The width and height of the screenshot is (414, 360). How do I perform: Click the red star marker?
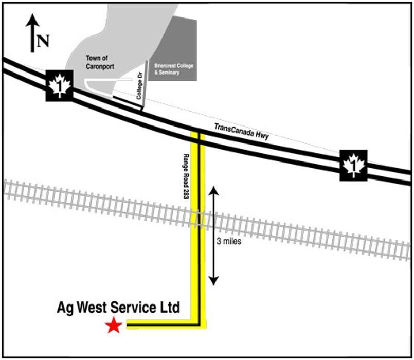tap(113, 325)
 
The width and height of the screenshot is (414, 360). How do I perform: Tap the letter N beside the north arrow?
tap(44, 42)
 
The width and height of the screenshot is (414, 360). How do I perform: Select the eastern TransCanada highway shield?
tap(353, 165)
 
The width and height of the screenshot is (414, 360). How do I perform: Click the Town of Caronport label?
tap(100, 62)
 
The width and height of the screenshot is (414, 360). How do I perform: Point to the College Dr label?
tap(139, 86)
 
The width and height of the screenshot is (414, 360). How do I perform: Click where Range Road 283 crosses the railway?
tap(198, 220)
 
